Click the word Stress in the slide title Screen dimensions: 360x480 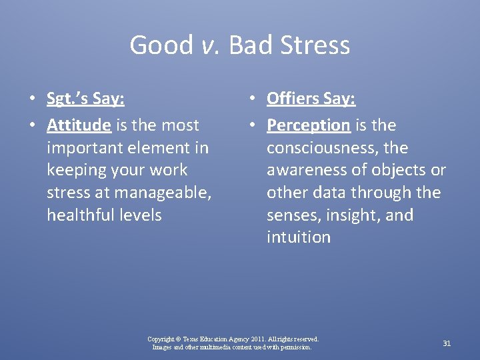[x=315, y=45]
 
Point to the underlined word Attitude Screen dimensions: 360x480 [x=79, y=125]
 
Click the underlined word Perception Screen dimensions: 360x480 [x=308, y=125]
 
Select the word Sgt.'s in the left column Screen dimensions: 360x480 [x=67, y=99]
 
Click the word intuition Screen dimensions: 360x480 [x=298, y=238]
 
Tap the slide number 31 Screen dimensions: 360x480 [x=447, y=343]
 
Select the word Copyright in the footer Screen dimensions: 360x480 [x=161, y=339]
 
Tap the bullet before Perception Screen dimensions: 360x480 [x=252, y=125]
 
